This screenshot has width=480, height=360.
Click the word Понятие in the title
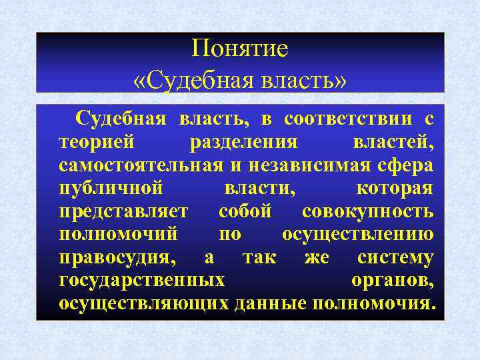pyautogui.click(x=239, y=49)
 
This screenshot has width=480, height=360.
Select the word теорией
pyautogui.click(x=97, y=143)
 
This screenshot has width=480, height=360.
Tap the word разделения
pyautogui.click(x=244, y=143)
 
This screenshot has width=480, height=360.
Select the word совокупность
pyautogui.click(x=368, y=212)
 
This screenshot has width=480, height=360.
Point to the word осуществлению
pyautogui.click(x=358, y=235)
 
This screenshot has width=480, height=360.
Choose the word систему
pyautogui.click(x=395, y=258)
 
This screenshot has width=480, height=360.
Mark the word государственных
pyautogui.click(x=142, y=281)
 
